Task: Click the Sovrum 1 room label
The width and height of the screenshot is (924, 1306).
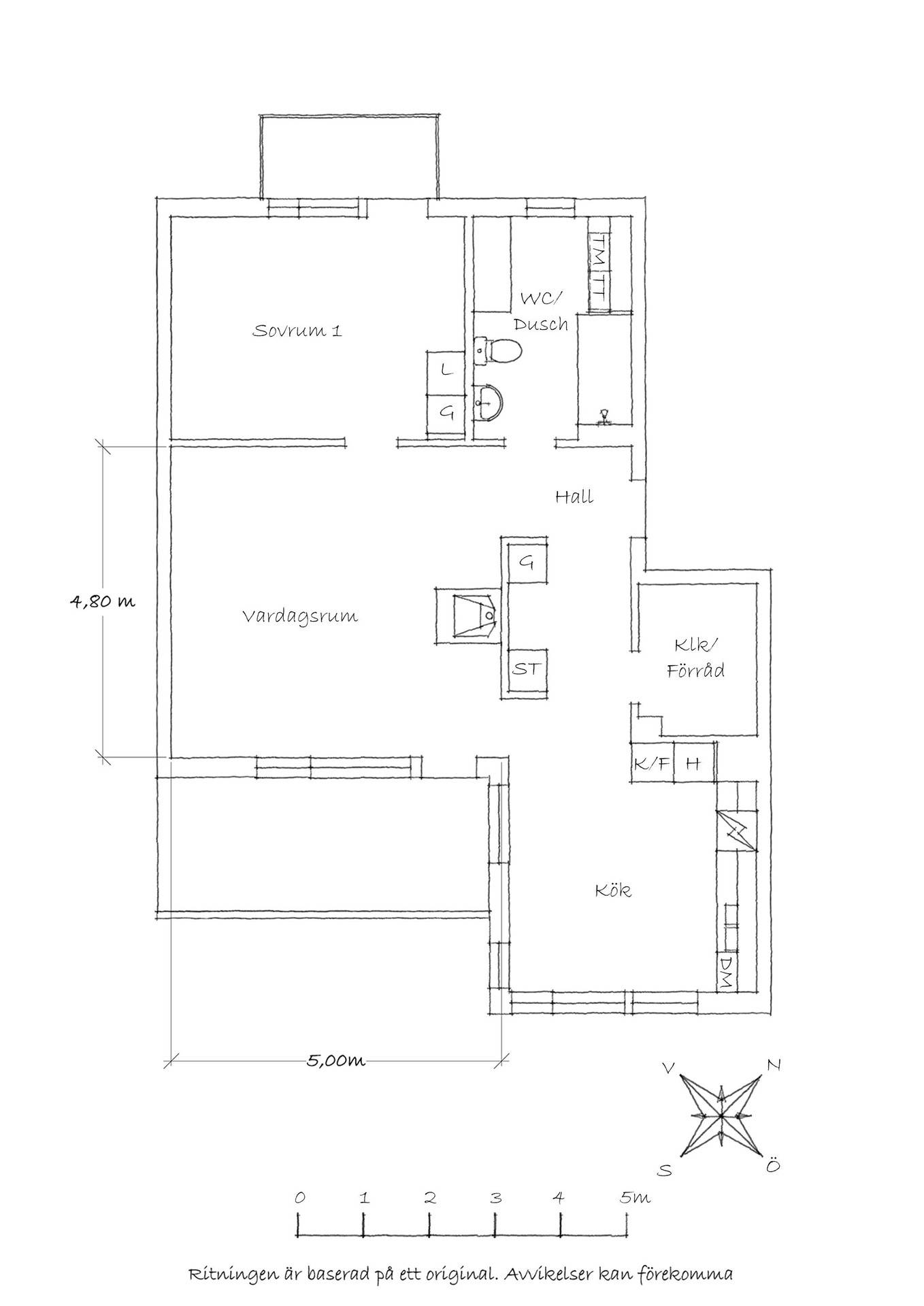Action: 297,331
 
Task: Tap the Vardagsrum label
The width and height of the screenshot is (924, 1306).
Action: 300,617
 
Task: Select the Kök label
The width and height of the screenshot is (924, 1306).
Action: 613,890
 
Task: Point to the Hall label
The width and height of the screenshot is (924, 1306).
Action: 574,497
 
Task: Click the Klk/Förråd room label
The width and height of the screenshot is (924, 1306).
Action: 695,657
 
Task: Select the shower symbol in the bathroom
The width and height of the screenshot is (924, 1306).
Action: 604,417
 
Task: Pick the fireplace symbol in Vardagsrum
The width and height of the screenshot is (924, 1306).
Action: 469,615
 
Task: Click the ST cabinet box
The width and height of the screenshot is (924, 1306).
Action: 528,669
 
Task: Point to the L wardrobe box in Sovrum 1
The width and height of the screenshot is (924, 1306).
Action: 446,371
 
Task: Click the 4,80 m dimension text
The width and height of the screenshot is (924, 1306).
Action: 103,601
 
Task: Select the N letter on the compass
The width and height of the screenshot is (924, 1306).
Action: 773,1065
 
